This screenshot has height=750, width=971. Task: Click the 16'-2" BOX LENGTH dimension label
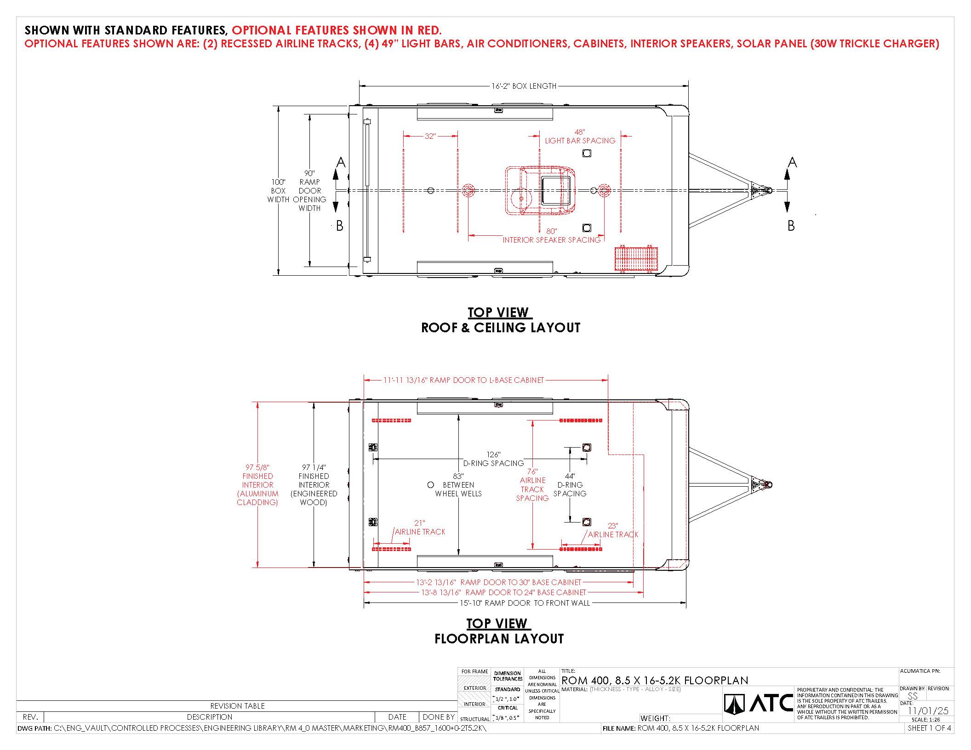click(x=524, y=86)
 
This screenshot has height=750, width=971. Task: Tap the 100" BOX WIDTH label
click(x=278, y=191)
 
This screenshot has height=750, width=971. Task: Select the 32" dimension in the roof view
click(x=430, y=136)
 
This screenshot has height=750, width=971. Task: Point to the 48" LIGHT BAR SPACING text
click(x=580, y=136)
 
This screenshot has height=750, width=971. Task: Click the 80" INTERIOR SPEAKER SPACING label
click(x=552, y=236)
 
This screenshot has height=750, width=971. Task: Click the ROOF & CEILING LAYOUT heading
click(x=501, y=328)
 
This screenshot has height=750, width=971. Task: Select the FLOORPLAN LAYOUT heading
click(x=499, y=639)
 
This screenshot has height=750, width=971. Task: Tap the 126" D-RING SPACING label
click(x=493, y=459)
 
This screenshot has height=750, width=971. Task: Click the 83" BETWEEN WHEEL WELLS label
click(x=458, y=485)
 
